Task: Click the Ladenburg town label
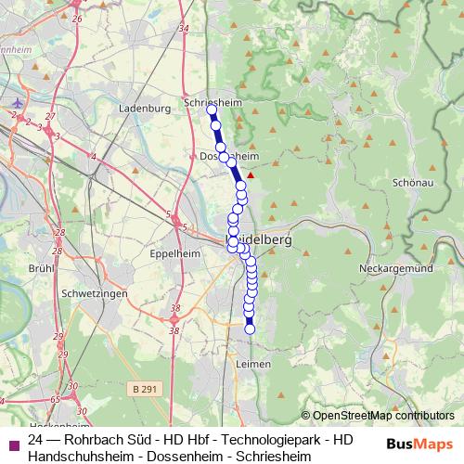146,108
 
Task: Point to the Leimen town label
253,365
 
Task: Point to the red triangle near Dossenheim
249,173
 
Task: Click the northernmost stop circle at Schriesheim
212,110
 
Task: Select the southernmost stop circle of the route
249,329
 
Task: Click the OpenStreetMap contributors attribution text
382,417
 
